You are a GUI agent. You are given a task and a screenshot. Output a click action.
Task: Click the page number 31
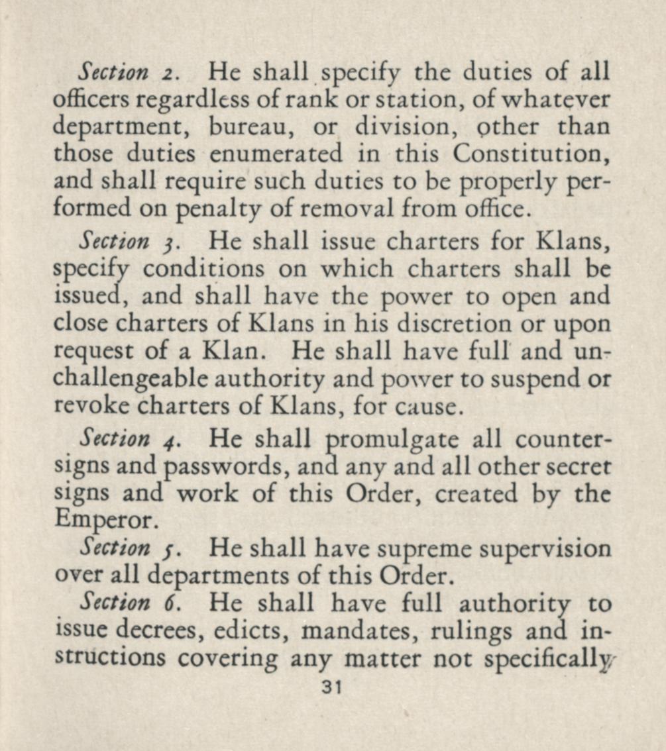[x=329, y=687]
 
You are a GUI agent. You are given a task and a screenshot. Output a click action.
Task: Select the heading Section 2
[x=125, y=71]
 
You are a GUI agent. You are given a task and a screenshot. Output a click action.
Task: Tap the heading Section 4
[x=125, y=438]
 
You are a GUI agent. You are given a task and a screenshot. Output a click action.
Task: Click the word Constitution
[x=531, y=154]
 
